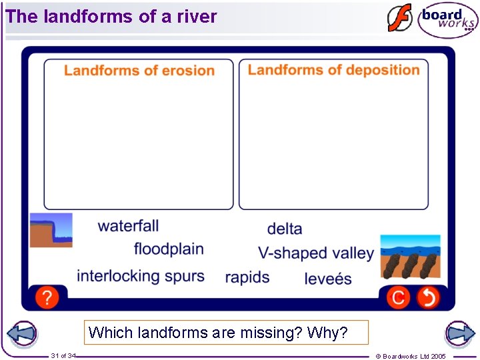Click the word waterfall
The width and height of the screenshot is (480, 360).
pos(128,226)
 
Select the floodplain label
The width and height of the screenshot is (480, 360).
pos(169,249)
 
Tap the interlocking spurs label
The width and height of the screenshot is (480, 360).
pos(140,276)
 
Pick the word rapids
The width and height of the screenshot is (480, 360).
pos(247,277)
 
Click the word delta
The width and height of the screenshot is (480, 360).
pos(285,229)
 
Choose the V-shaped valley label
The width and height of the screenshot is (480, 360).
pos(316,253)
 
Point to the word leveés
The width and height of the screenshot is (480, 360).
pos(328,279)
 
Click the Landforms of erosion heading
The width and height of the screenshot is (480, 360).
pos(139,71)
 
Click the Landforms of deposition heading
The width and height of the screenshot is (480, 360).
pos(333,70)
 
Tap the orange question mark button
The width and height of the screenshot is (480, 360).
pos(47,297)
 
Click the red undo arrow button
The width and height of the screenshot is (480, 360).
pos(428,297)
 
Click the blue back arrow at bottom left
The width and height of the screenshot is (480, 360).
pos(21,334)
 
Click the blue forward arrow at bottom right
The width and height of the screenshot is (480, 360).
pos(459,334)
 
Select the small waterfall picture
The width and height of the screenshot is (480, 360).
pos(51,230)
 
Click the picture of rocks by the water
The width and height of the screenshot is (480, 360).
pos(410,256)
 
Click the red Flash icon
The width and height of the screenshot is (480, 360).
pos(400,18)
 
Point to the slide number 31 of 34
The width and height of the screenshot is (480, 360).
pos(63,356)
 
